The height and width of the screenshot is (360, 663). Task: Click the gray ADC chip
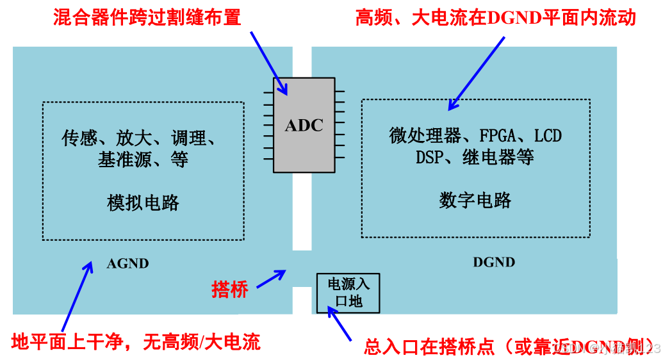pyautogui.click(x=304, y=126)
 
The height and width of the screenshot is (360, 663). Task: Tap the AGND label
pyautogui.click(x=128, y=263)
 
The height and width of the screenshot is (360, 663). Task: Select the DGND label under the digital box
pyautogui.click(x=494, y=262)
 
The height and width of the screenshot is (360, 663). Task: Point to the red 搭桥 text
pyautogui.click(x=230, y=290)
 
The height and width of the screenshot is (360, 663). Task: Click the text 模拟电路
pyautogui.click(x=143, y=203)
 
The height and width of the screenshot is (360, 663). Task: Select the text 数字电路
pyautogui.click(x=475, y=200)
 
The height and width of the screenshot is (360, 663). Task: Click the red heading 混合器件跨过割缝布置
pyautogui.click(x=147, y=17)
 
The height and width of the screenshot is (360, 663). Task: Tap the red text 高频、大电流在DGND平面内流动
pyautogui.click(x=495, y=17)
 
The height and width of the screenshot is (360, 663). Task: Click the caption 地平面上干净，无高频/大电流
pyautogui.click(x=136, y=342)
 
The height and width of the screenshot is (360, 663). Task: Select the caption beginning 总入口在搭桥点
pyautogui.click(x=506, y=347)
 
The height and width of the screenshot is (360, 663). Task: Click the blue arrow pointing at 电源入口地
pyautogui.click(x=340, y=323)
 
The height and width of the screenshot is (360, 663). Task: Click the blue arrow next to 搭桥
pyautogui.click(x=271, y=279)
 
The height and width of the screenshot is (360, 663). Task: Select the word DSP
pyautogui.click(x=429, y=157)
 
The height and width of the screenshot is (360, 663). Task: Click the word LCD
pyautogui.click(x=548, y=136)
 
